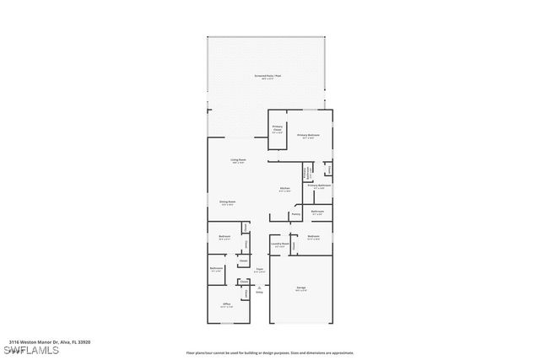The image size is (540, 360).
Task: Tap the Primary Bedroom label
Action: coord(307,136)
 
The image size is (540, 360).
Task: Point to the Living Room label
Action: coord(239,160)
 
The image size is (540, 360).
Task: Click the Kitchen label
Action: coord(285,189)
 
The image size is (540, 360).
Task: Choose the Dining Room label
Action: coord(227,202)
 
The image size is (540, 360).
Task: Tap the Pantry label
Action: coord(295,214)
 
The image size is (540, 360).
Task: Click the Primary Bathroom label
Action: coord(319,186)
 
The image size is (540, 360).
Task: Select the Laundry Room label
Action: coord(280,244)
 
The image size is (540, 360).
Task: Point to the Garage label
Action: coord(300,288)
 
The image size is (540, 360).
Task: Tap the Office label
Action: coord(226,304)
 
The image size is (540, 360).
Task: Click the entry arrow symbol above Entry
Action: coord(260,286)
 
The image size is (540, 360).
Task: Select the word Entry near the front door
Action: coord(260,292)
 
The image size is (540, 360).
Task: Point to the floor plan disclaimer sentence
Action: coord(269,353)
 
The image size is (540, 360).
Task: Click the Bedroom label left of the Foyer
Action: coord(224,237)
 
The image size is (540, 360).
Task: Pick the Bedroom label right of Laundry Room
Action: coord(313,237)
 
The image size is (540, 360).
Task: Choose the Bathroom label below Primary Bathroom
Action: coord(317,212)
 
